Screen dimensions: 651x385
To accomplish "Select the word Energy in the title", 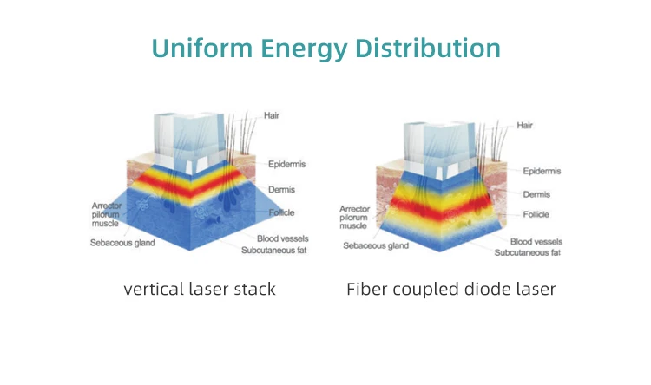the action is (302, 49).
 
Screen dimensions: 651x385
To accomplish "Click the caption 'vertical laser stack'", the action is (200, 289).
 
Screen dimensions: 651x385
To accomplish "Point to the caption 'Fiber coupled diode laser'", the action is (450, 289).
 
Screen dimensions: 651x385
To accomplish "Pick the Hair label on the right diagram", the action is (524, 126).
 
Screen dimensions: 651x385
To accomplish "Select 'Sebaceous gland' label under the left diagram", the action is (122, 243).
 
